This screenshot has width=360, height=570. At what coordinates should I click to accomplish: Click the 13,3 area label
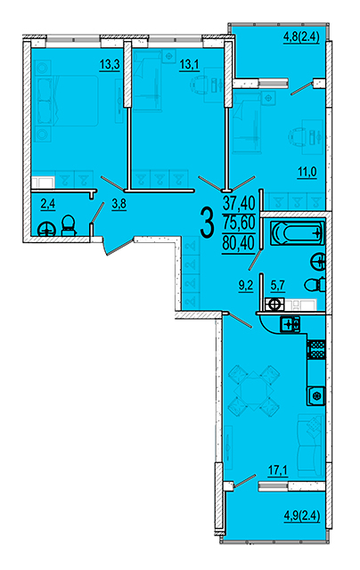[x=110, y=65]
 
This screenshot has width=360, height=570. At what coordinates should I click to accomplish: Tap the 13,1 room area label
[x=189, y=65]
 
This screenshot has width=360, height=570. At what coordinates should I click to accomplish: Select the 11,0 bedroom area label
[x=307, y=172]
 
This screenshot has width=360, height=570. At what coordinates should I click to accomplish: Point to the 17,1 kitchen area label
[x=278, y=471]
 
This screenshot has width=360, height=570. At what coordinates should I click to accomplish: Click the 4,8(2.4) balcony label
[x=301, y=37]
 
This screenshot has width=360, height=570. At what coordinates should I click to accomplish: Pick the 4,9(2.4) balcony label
[x=302, y=516]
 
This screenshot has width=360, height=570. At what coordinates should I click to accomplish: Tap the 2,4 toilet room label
[x=47, y=204]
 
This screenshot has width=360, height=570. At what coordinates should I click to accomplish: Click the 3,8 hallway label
[x=119, y=204]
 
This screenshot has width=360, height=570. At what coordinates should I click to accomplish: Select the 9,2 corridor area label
[x=246, y=286]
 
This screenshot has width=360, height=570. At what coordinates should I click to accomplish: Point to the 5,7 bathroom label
[x=278, y=286]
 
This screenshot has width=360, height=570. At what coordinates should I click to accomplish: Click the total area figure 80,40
[x=239, y=242]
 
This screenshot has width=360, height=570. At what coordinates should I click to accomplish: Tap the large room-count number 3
[x=207, y=224]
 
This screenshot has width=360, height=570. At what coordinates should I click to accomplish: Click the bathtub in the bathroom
[x=297, y=232]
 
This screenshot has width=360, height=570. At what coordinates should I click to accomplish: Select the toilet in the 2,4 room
[x=68, y=226]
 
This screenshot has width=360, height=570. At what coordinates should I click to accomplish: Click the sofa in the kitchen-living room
[x=310, y=445]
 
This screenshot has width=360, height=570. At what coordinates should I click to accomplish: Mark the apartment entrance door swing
[x=117, y=246]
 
